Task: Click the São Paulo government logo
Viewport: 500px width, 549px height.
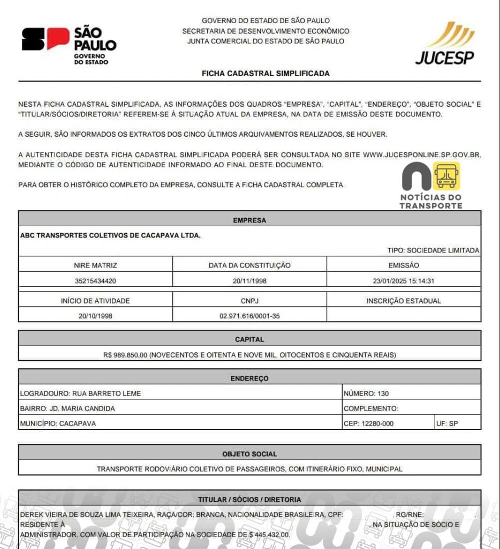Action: pos(69,45)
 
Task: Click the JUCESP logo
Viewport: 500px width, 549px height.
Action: pos(445,43)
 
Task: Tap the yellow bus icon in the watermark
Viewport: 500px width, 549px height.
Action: pos(446,175)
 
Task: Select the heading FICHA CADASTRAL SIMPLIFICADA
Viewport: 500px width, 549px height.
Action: pos(266,73)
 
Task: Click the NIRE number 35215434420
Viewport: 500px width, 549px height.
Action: pos(95,280)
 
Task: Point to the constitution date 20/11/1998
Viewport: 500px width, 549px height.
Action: pos(249,280)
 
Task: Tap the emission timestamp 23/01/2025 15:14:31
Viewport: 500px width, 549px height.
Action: pos(404,280)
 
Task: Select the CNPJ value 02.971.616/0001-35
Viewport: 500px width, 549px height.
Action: pos(249,316)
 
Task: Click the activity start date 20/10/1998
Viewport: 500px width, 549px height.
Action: pos(95,316)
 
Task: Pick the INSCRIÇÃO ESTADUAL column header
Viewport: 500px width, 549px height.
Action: pos(404,301)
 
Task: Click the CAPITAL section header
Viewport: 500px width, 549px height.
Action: pos(249,339)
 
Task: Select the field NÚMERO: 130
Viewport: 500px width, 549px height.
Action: pos(366,394)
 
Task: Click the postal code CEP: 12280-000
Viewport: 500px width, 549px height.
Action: pos(369,424)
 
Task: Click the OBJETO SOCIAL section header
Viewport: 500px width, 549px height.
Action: pos(249,454)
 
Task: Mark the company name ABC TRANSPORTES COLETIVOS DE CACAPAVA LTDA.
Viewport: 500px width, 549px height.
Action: pos(110,235)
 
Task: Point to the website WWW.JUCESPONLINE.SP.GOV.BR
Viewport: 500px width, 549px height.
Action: pos(422,154)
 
